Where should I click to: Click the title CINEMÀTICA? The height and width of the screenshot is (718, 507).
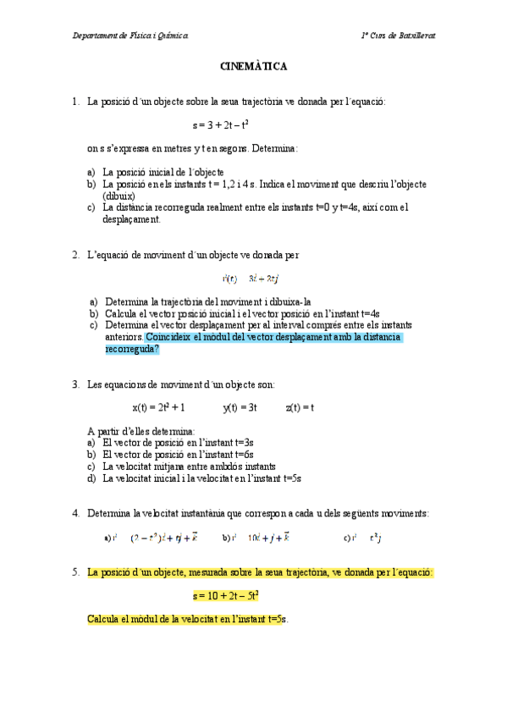point(253,65)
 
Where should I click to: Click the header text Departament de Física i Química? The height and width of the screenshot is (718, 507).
point(130,35)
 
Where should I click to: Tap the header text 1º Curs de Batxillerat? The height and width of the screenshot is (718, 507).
point(398,35)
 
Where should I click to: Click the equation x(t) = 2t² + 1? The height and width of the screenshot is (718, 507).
point(159,407)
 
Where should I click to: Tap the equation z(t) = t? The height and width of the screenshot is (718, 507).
point(300,407)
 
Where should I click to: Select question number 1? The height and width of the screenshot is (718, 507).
point(76,102)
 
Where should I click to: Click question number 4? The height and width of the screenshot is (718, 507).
point(76,513)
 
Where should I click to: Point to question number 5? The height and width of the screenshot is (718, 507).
point(76,572)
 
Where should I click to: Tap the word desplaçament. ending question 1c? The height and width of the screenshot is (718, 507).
point(131,218)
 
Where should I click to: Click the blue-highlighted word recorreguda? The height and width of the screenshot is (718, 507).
point(132,348)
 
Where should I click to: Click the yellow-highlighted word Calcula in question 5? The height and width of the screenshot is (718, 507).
point(104,619)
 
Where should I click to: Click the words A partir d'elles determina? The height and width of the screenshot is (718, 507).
point(141,431)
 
